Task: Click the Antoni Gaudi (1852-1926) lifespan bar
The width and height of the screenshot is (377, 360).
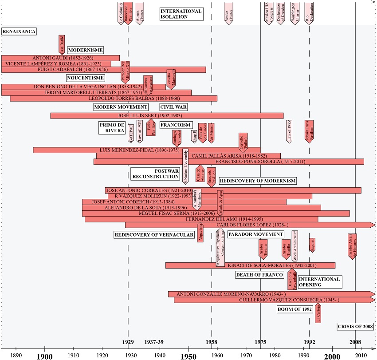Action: click(x=60, y=58)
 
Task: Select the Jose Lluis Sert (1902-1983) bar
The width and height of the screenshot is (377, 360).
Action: click(x=167, y=115)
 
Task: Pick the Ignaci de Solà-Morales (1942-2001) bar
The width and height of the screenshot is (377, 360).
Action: click(x=250, y=265)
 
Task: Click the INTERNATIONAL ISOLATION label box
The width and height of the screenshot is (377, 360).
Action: click(x=181, y=14)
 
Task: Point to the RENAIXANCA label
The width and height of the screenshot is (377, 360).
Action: click(x=19, y=32)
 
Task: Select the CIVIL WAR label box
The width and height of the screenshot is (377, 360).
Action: click(x=173, y=107)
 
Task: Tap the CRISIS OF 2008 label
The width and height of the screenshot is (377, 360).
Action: click(x=355, y=327)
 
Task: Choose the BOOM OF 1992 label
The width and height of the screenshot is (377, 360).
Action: click(x=295, y=309)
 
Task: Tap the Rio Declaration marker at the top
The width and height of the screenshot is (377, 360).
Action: click(x=310, y=12)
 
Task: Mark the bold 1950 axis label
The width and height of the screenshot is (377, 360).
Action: click(x=188, y=356)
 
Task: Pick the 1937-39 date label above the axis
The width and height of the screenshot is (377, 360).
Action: click(x=154, y=342)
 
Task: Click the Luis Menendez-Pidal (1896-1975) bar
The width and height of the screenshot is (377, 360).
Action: click(x=146, y=150)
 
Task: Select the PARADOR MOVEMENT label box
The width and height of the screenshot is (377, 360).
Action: click(x=255, y=234)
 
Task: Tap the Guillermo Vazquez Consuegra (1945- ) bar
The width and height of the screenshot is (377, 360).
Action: click(x=271, y=300)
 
